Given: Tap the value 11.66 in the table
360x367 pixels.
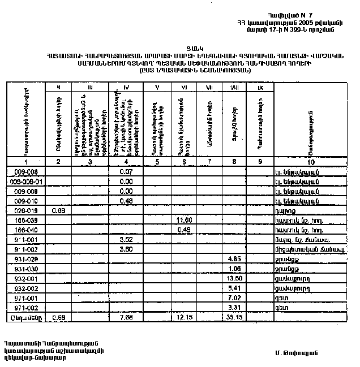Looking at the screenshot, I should tap(185, 219).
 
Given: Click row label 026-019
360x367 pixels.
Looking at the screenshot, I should tap(25, 210).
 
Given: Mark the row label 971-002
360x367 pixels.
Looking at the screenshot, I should tap(25, 308).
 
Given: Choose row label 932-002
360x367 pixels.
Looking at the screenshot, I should tap(25, 288).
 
